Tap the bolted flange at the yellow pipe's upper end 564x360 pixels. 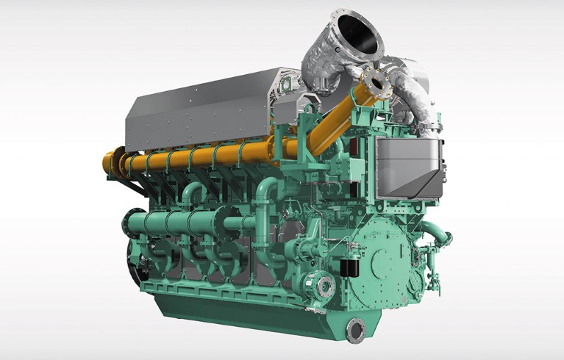381,83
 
